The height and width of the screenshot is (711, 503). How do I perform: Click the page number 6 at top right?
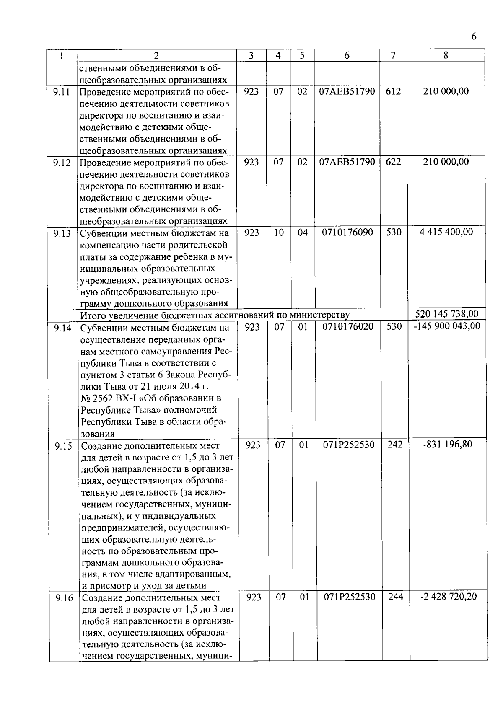(474, 36)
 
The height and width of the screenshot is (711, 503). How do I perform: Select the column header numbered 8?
(446, 55)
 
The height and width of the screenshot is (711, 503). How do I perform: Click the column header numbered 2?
(156, 55)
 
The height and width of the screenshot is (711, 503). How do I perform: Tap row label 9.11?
(62, 92)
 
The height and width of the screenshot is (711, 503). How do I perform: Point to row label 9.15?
(63, 445)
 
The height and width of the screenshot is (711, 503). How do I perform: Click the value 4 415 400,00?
(446, 232)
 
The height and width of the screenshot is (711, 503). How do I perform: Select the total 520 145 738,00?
(446, 314)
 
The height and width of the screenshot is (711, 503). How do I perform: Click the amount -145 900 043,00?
(446, 326)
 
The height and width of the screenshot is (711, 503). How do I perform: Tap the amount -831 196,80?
(448, 444)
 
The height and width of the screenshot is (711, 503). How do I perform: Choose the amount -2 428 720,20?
(448, 597)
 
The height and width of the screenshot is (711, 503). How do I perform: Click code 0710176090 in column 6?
(347, 232)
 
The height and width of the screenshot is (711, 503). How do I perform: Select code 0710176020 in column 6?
(348, 326)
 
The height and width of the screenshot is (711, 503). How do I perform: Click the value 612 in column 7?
(393, 91)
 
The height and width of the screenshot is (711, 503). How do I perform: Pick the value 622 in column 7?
(393, 162)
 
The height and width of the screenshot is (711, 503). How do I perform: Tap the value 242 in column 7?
(395, 445)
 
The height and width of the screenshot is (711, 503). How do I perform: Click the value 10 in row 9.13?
(279, 232)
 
